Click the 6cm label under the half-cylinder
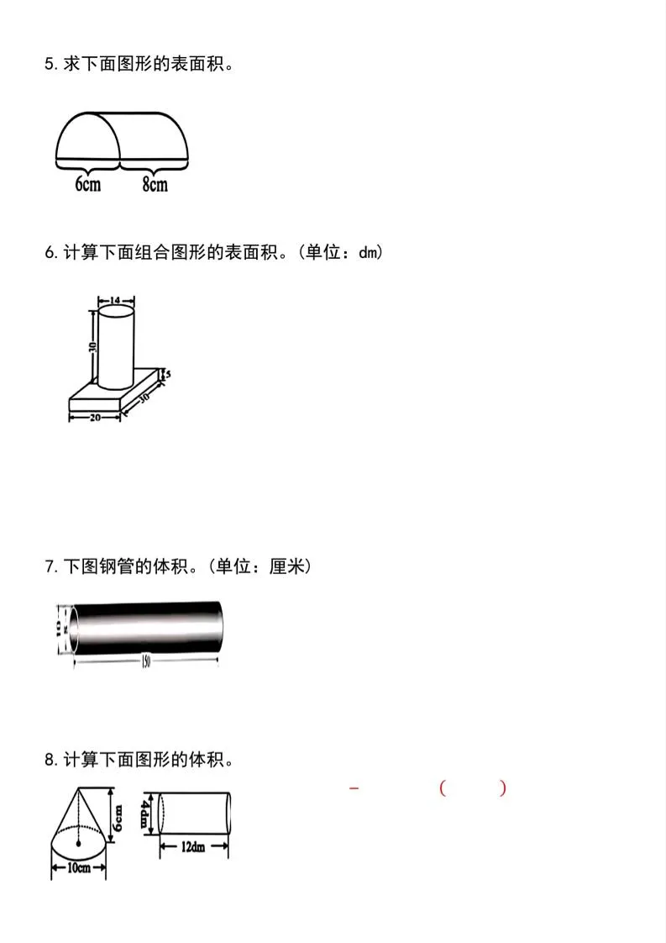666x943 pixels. click(x=88, y=184)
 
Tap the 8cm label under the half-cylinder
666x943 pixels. click(x=155, y=184)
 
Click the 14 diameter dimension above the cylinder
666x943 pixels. click(x=115, y=299)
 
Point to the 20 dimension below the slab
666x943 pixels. click(x=95, y=417)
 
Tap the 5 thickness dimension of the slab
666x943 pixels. click(x=168, y=375)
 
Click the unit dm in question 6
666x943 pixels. click(x=367, y=252)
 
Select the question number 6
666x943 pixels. click(x=49, y=252)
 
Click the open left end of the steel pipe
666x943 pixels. click(x=74, y=629)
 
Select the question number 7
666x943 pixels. click(x=49, y=567)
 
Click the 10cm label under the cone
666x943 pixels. click(x=78, y=868)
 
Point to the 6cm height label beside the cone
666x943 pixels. click(x=118, y=814)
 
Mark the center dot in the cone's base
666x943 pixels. click(x=78, y=841)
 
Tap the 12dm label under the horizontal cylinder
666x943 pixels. click(x=193, y=847)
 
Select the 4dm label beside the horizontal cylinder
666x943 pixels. click(x=146, y=813)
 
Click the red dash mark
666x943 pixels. click(x=354, y=788)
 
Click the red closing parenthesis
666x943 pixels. click(x=502, y=788)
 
